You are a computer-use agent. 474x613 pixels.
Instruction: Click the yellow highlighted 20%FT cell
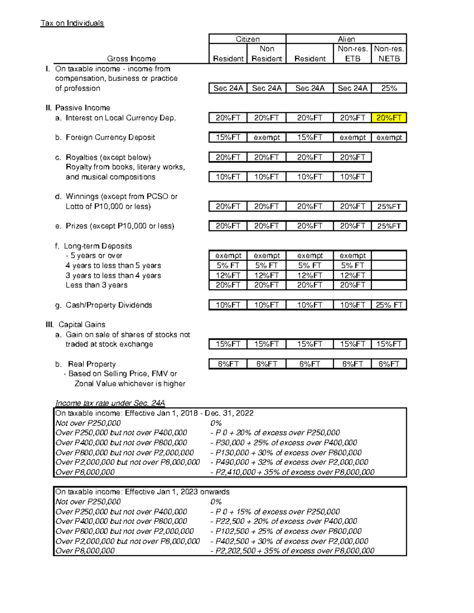[x=389, y=118]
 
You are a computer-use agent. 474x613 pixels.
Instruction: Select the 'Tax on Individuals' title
[x=72, y=23]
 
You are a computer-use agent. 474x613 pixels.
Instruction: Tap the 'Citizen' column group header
[x=247, y=39]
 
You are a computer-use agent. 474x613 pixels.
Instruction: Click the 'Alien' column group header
[x=346, y=39]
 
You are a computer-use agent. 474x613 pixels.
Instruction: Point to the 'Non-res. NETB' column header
[x=389, y=54]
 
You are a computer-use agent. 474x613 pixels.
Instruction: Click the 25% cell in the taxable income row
[x=389, y=88]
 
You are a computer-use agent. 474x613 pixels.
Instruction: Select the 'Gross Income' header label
[x=131, y=59]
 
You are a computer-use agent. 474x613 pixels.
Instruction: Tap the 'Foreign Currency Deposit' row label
[x=110, y=137]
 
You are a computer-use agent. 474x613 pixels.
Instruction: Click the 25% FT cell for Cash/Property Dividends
[x=389, y=305]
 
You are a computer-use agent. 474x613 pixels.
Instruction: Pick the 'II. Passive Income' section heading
[x=78, y=108]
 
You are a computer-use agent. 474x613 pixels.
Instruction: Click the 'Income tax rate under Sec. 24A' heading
[x=110, y=403]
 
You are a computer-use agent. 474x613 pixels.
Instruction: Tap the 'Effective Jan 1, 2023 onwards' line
[x=142, y=492]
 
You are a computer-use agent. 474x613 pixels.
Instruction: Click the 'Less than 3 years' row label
[x=96, y=285]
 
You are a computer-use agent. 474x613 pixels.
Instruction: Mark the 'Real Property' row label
[x=92, y=364]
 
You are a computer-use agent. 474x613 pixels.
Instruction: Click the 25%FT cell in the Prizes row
[x=389, y=226]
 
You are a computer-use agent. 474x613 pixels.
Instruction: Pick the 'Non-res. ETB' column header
[x=352, y=54]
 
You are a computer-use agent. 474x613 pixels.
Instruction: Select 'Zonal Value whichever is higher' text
[x=130, y=384]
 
